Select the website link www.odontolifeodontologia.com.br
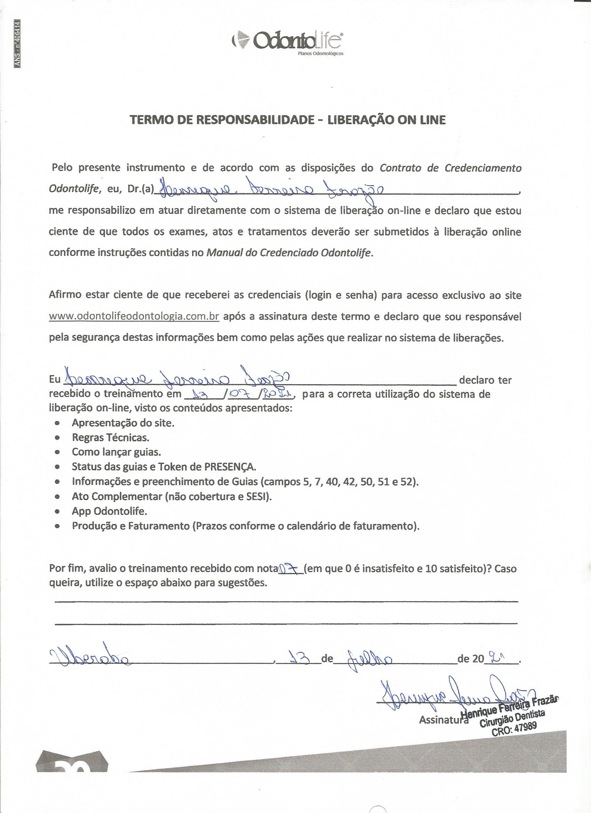(x=134, y=317)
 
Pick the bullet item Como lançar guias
(x=116, y=452)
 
